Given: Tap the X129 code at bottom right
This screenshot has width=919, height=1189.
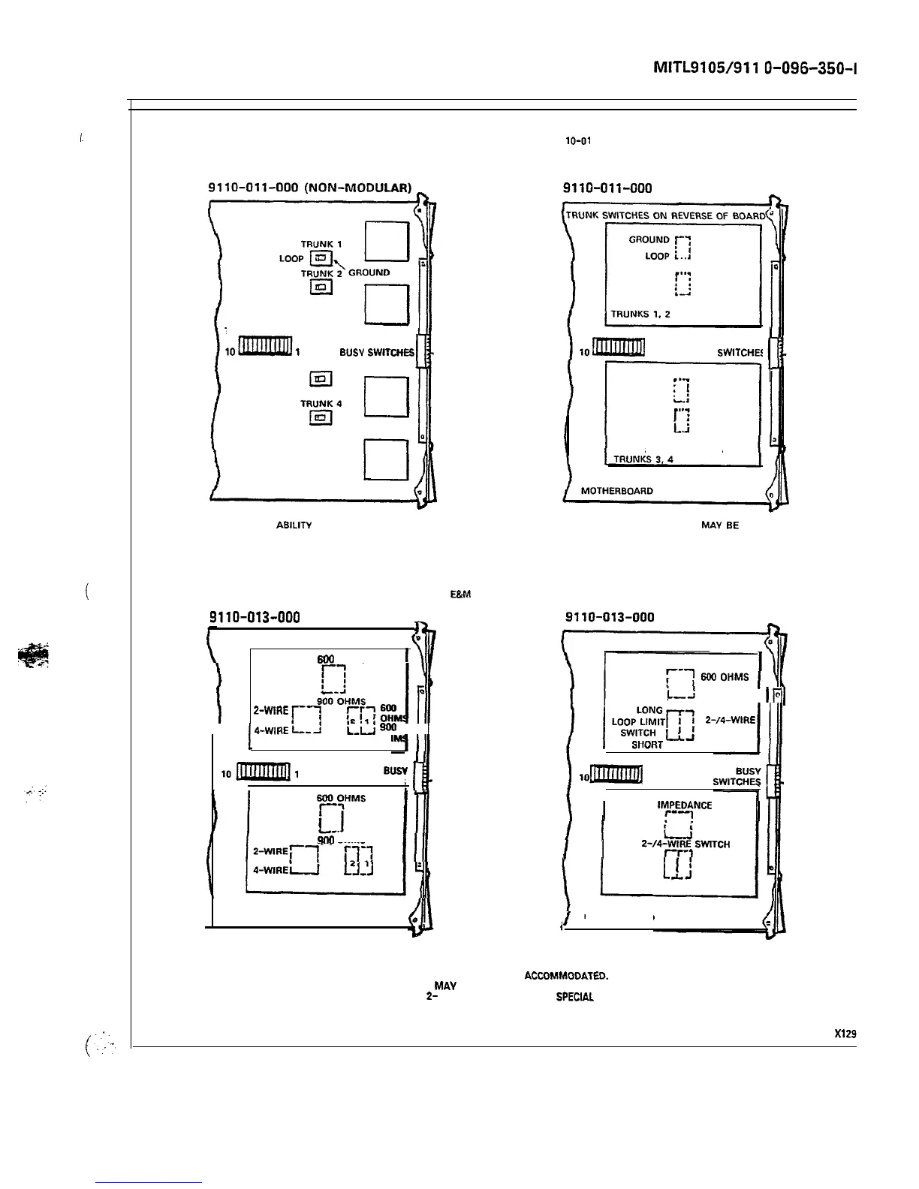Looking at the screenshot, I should click(845, 1033).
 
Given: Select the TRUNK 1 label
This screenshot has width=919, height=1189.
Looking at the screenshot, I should click(321, 244).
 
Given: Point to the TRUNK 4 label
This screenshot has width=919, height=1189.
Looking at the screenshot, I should click(321, 404).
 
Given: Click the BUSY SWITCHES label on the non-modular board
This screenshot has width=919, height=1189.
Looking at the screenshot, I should click(377, 352).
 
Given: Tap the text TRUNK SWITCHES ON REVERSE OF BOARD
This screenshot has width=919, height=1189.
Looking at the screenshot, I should click(665, 215).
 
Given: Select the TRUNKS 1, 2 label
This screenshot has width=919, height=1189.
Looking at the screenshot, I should click(640, 315).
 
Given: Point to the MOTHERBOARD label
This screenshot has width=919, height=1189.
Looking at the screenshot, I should click(617, 491).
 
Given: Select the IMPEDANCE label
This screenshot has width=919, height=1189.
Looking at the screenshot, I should click(684, 805).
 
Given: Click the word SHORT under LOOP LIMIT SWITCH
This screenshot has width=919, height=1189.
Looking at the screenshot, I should click(647, 745).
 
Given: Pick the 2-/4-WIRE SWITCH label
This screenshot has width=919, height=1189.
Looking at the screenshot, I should click(685, 844).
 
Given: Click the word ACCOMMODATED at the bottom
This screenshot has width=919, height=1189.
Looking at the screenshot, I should click(565, 977).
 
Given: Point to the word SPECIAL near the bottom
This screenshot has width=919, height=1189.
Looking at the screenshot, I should click(574, 997).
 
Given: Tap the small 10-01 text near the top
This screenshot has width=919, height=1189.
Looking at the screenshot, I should click(578, 140).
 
